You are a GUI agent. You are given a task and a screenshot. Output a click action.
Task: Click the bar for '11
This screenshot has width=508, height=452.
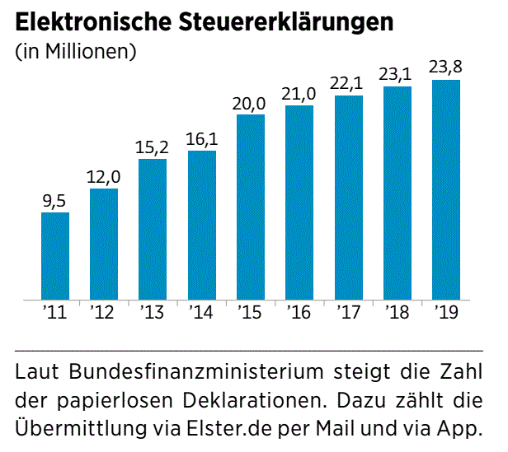click(x=55, y=256)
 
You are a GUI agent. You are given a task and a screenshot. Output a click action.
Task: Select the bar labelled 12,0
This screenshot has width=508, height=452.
click(x=104, y=245)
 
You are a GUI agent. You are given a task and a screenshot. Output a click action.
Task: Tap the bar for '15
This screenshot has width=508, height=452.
click(x=251, y=207)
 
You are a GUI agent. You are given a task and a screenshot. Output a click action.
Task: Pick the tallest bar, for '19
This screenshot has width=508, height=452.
click(x=446, y=189)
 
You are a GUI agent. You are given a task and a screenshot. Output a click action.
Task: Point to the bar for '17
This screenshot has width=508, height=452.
click(x=349, y=198)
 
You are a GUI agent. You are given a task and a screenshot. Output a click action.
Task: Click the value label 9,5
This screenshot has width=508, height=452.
click(x=54, y=201)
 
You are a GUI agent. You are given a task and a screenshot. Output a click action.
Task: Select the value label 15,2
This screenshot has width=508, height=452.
click(x=153, y=147)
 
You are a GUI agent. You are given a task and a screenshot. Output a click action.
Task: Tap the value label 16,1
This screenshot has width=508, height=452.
click(x=202, y=139)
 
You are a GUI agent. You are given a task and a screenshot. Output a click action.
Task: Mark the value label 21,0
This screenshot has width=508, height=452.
click(x=300, y=94)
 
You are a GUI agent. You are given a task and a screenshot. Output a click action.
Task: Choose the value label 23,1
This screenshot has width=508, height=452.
click(x=397, y=75)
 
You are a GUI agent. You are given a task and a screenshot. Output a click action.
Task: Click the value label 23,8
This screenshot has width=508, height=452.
click(x=446, y=68)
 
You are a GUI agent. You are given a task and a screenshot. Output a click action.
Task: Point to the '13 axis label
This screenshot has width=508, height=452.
click(x=153, y=313)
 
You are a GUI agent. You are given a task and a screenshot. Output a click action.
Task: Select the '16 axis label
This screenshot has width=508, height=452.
click(x=299, y=313)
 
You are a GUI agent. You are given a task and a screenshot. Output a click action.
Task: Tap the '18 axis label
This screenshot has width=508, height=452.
click(x=397, y=313)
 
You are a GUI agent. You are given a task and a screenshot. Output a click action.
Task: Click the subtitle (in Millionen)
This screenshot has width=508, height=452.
click(x=75, y=52)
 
